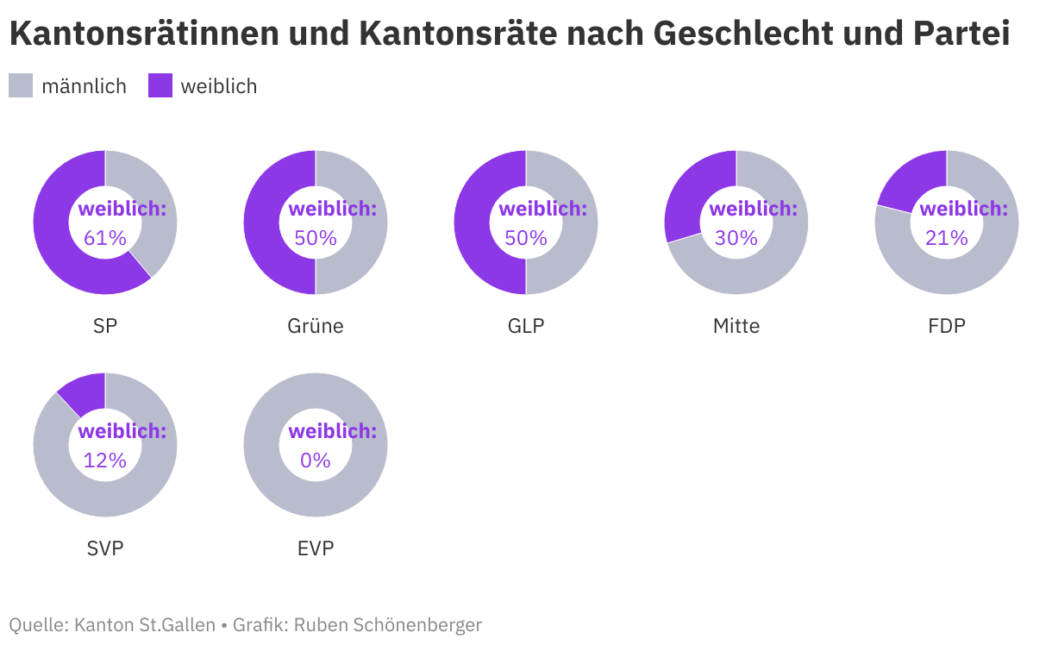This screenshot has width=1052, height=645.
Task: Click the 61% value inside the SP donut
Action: pos(105,238)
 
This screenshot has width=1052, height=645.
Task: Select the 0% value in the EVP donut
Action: pos(316,460)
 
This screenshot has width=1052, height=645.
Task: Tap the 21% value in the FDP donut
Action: pos(947,238)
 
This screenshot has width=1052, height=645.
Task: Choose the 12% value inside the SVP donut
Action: pos(105,460)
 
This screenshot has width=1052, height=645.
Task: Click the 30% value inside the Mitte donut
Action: pos(736,238)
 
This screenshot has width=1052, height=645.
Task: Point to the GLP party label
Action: pos(526,326)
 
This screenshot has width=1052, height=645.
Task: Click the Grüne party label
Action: pos(316,326)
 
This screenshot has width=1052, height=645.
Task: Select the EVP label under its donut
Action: pos(316,548)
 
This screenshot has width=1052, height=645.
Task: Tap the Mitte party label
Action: pos(736,326)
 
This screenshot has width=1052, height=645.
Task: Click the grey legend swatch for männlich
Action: pos(21,86)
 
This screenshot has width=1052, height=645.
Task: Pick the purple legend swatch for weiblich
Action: pos(160,86)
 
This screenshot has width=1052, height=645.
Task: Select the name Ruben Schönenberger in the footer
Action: pos(388,624)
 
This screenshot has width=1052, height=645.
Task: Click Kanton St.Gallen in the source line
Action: pos(145,624)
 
